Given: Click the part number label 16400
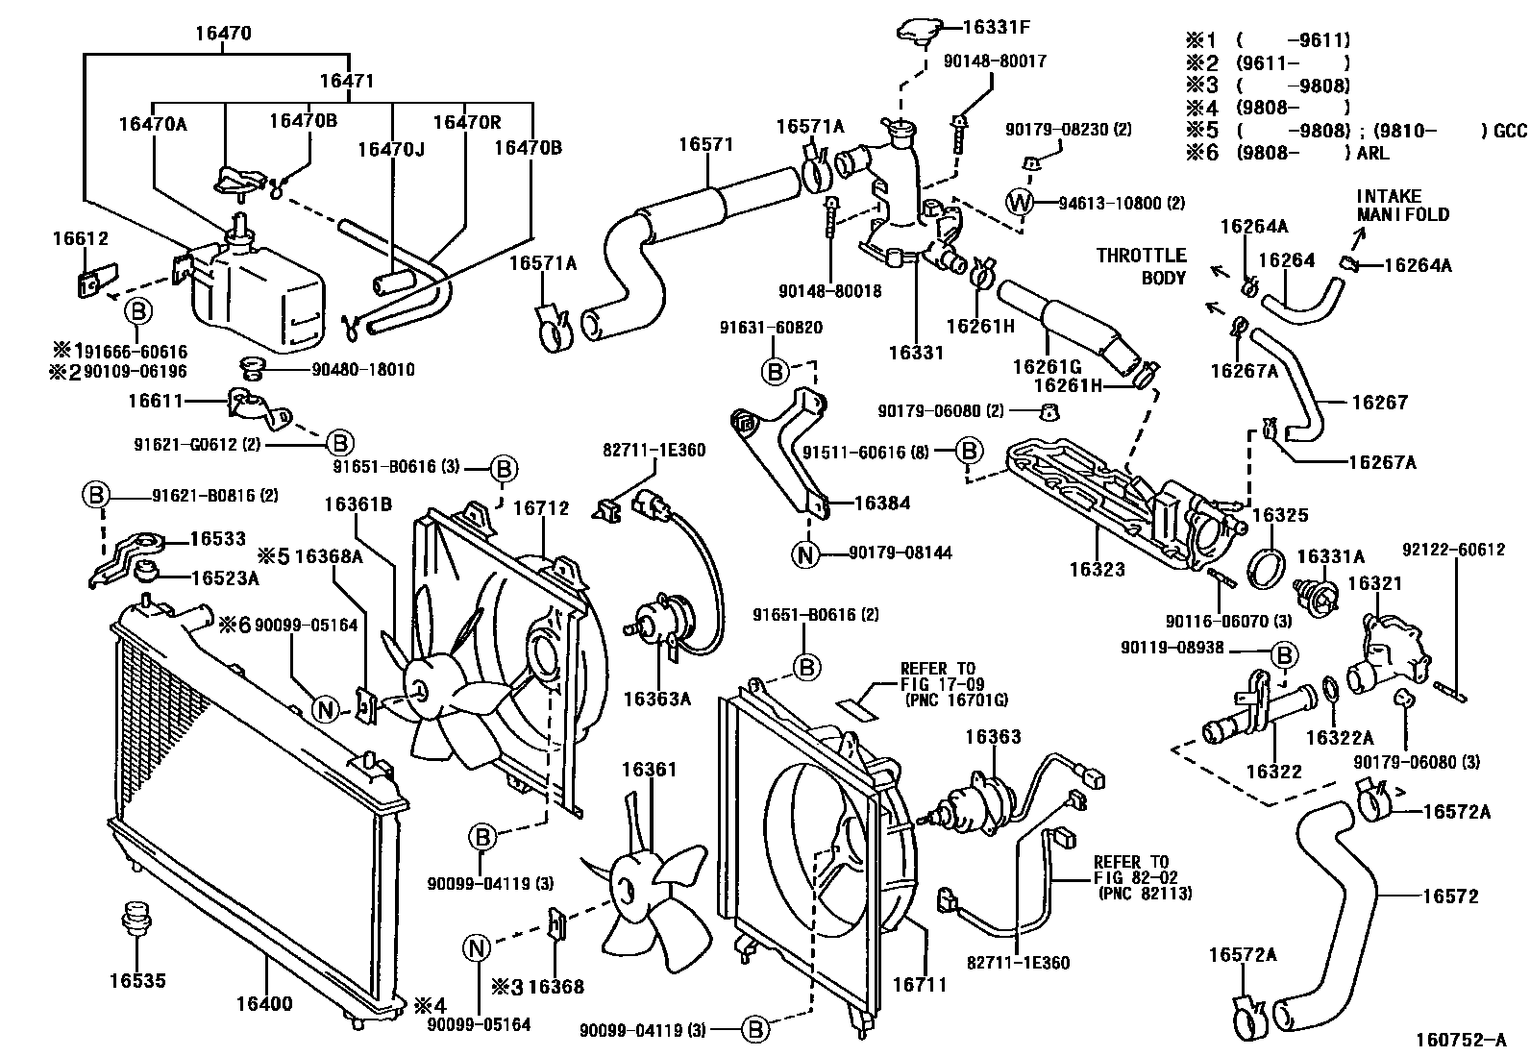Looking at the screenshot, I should pos(264,1005).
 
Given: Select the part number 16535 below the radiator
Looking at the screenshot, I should pos(136,981).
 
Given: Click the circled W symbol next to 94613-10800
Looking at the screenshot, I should pos(1020,203).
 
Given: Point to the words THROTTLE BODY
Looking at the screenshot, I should pos(1142,266).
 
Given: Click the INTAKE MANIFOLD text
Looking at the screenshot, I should pos(1402,206).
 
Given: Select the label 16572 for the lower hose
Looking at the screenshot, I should pos(1450,896).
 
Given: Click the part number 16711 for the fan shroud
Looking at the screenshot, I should pos(920,984).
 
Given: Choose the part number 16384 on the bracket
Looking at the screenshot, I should pos(881,503).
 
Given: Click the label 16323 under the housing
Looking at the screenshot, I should pos(1097,570).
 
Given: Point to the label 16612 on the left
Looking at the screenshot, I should pos(80,239).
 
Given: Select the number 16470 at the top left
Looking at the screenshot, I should pos(223,34).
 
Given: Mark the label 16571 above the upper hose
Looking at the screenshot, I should pos(705,145).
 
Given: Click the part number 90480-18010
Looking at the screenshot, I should pos(363,369).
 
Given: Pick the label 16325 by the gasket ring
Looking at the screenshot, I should pos(1280,515).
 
